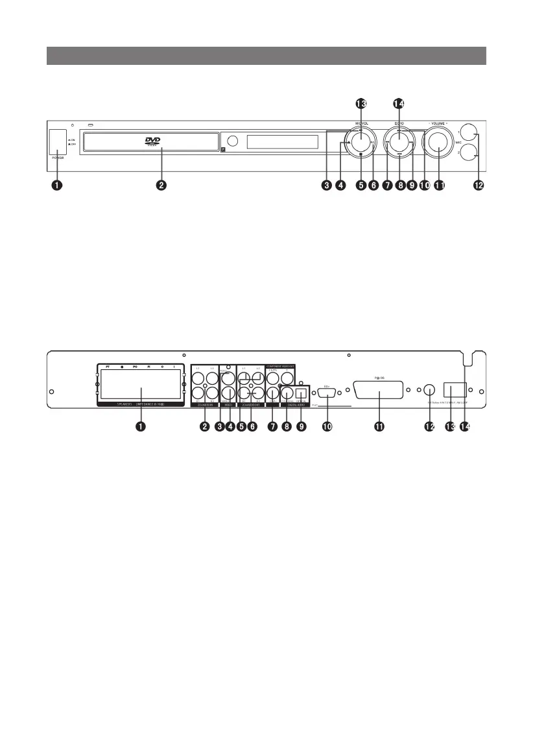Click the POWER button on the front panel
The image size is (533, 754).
coord(57,142)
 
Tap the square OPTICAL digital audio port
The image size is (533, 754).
coord(300,392)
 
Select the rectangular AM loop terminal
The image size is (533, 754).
coord(454,390)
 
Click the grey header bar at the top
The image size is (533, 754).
coord(266,56)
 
